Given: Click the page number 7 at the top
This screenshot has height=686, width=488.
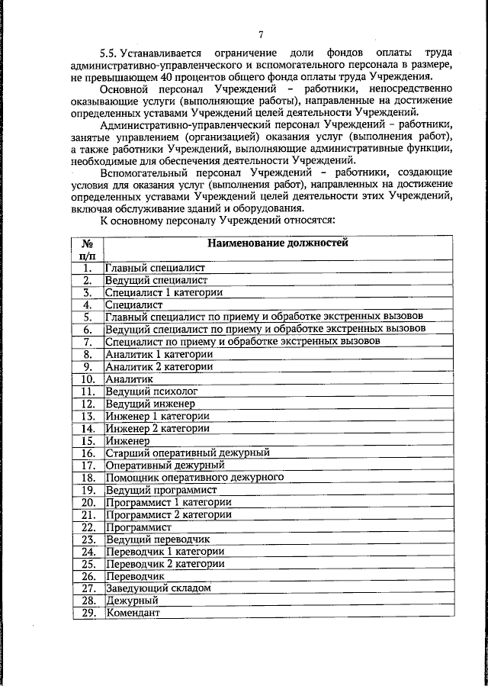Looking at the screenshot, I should pos(260,34).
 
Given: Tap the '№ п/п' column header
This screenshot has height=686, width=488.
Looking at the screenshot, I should pos(88,250).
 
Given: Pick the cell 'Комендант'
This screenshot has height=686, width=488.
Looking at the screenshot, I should pos(133,613).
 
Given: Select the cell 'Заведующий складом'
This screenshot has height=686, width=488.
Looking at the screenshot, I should pos(158,588).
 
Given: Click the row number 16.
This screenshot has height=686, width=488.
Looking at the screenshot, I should pos(88,453).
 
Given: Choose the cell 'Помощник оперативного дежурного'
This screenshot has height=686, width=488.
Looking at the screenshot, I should pos(194,477).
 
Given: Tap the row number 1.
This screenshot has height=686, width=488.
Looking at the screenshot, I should pos(88,268).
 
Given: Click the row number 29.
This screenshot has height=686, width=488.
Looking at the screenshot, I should pos(88,613).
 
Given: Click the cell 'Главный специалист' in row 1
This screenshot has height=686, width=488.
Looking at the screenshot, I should pos(155,268).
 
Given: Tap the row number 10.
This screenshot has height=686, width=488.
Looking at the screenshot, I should pos(88,378).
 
